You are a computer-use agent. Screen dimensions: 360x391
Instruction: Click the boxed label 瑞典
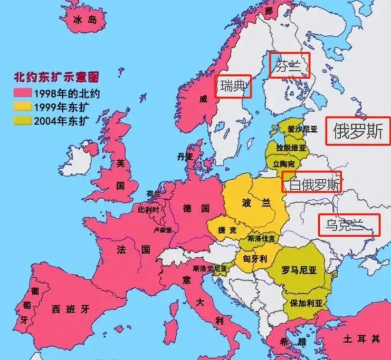click(233, 86)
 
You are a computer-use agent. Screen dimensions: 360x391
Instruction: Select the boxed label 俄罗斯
click(358, 131)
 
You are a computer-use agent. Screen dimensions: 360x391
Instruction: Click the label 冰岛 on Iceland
click(86, 19)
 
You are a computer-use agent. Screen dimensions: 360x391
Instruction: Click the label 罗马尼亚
click(299, 271)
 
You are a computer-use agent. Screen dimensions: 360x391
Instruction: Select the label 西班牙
click(71, 310)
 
